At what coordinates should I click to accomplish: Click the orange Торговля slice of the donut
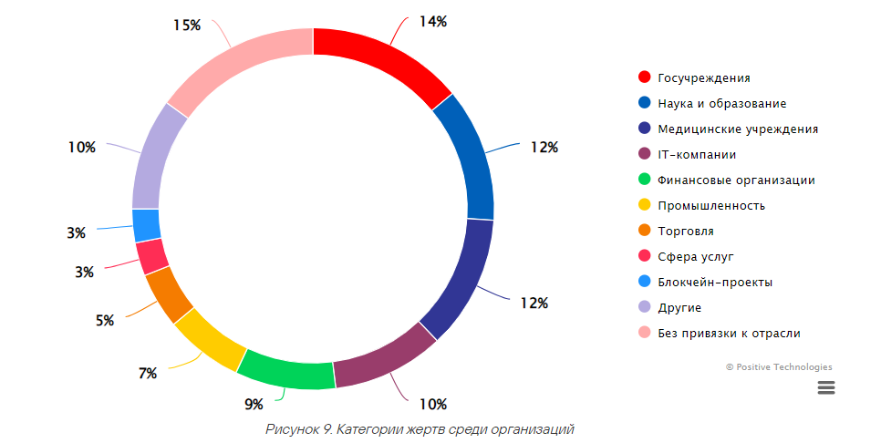click(x=169, y=294)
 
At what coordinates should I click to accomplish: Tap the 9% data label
click(x=253, y=404)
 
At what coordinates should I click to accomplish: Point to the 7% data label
click(x=148, y=373)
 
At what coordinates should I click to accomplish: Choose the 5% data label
click(x=105, y=321)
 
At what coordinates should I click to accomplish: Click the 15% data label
click(x=187, y=26)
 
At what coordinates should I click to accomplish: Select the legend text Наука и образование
click(x=721, y=104)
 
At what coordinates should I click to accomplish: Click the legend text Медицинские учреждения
click(x=737, y=129)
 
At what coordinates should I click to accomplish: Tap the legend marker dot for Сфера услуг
click(x=644, y=257)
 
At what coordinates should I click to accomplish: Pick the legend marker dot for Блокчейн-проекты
click(x=644, y=283)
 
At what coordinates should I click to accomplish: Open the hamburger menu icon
click(x=826, y=387)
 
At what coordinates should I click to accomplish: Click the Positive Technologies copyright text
click(x=779, y=367)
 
